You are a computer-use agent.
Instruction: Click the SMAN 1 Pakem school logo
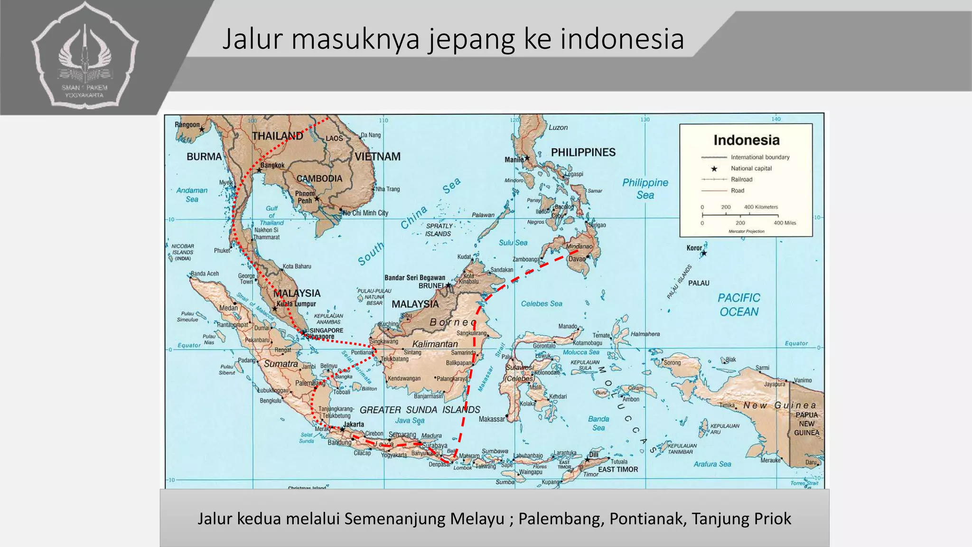85,57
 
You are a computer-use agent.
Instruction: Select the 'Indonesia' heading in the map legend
746,140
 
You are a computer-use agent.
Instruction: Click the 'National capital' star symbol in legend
714,169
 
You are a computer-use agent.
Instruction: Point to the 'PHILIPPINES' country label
583,152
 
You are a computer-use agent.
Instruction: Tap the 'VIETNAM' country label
378,157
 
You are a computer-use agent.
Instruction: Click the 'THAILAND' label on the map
277,136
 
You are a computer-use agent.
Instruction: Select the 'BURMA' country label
204,157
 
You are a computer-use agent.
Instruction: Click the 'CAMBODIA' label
319,179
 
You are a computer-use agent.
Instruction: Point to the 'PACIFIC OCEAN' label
738,305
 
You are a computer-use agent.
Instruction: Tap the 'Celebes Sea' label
541,304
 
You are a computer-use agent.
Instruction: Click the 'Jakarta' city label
354,424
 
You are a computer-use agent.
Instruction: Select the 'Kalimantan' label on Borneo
435,344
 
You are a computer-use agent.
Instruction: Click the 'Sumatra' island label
281,364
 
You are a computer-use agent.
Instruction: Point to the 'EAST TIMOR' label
618,470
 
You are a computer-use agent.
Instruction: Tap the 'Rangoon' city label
187,125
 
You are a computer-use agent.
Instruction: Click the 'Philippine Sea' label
645,189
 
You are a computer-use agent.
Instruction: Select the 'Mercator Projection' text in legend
746,231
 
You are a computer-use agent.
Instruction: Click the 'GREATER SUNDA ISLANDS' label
420,410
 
